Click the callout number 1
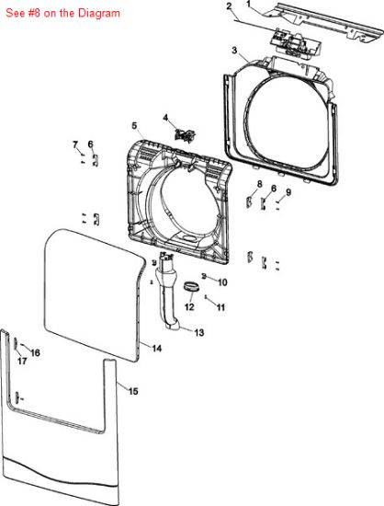[248, 4]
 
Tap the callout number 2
[229, 6]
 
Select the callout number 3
[234, 50]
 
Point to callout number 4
[165, 118]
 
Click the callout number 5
[134, 125]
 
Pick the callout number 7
[75, 144]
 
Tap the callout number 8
[260, 184]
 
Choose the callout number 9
[288, 192]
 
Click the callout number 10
[222, 282]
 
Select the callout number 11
[220, 307]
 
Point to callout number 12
[189, 307]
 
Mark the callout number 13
[199, 332]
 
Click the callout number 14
[156, 348]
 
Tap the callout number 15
[133, 391]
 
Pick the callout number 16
[35, 352]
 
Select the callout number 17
[22, 361]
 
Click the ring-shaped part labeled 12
[191, 287]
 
